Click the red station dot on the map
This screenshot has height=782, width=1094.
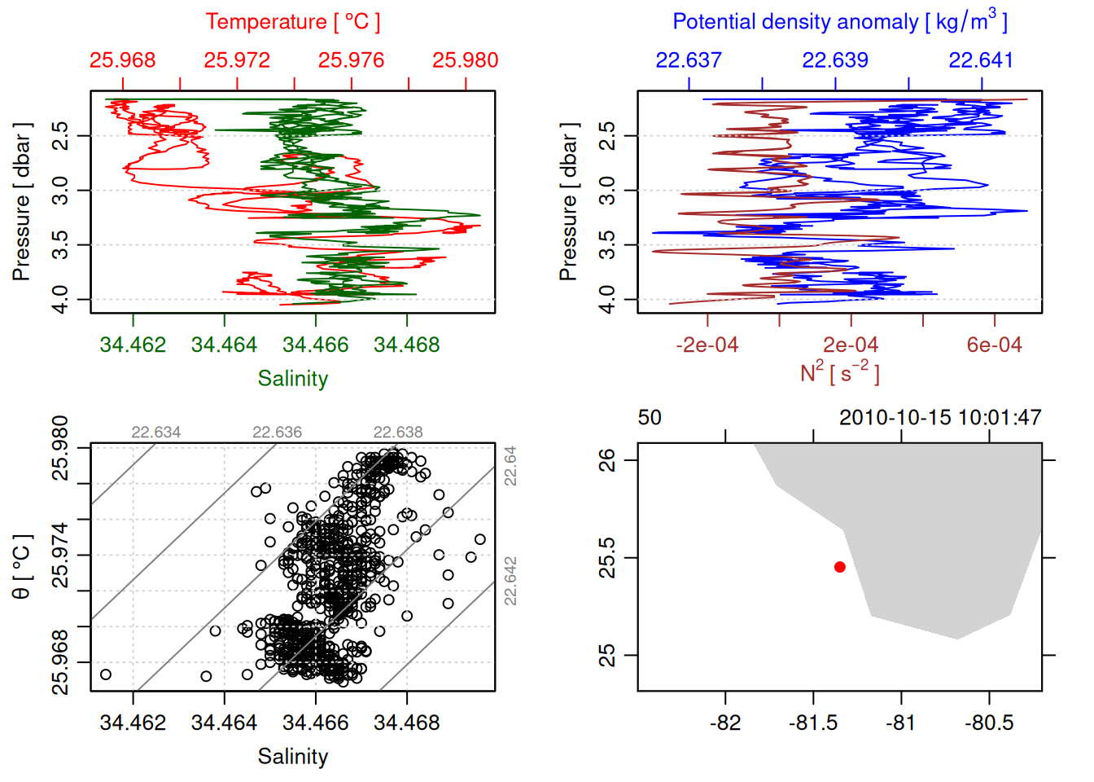click(x=839, y=567)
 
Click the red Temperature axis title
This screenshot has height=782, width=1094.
click(x=292, y=22)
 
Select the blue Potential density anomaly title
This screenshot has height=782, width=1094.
click(x=839, y=22)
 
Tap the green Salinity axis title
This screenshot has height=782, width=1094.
click(x=292, y=379)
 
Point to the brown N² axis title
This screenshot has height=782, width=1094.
click(x=839, y=373)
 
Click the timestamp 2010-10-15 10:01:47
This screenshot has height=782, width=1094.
click(x=940, y=418)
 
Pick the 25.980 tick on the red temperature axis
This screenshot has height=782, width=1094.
click(x=465, y=60)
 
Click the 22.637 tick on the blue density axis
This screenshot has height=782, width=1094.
click(x=689, y=60)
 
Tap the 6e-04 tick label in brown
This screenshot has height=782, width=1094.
click(x=994, y=345)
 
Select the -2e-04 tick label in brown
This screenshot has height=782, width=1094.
click(x=707, y=345)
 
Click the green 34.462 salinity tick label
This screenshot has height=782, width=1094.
click(x=133, y=345)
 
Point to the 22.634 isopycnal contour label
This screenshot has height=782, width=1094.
click(x=156, y=433)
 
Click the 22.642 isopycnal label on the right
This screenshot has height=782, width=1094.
click(x=510, y=581)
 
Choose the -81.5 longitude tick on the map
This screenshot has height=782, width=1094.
click(x=813, y=723)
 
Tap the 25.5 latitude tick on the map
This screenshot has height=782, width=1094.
click(x=608, y=558)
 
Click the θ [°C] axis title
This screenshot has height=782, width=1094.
click(x=22, y=566)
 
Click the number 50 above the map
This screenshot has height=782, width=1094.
click(x=650, y=418)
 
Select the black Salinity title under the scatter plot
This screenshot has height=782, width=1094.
click(x=292, y=757)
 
